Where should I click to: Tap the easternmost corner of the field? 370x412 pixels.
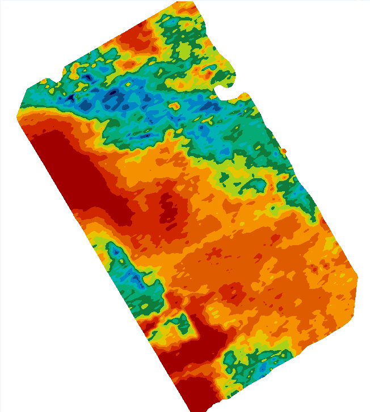tap(358, 278)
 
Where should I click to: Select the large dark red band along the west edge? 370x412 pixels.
tap(74, 170)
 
